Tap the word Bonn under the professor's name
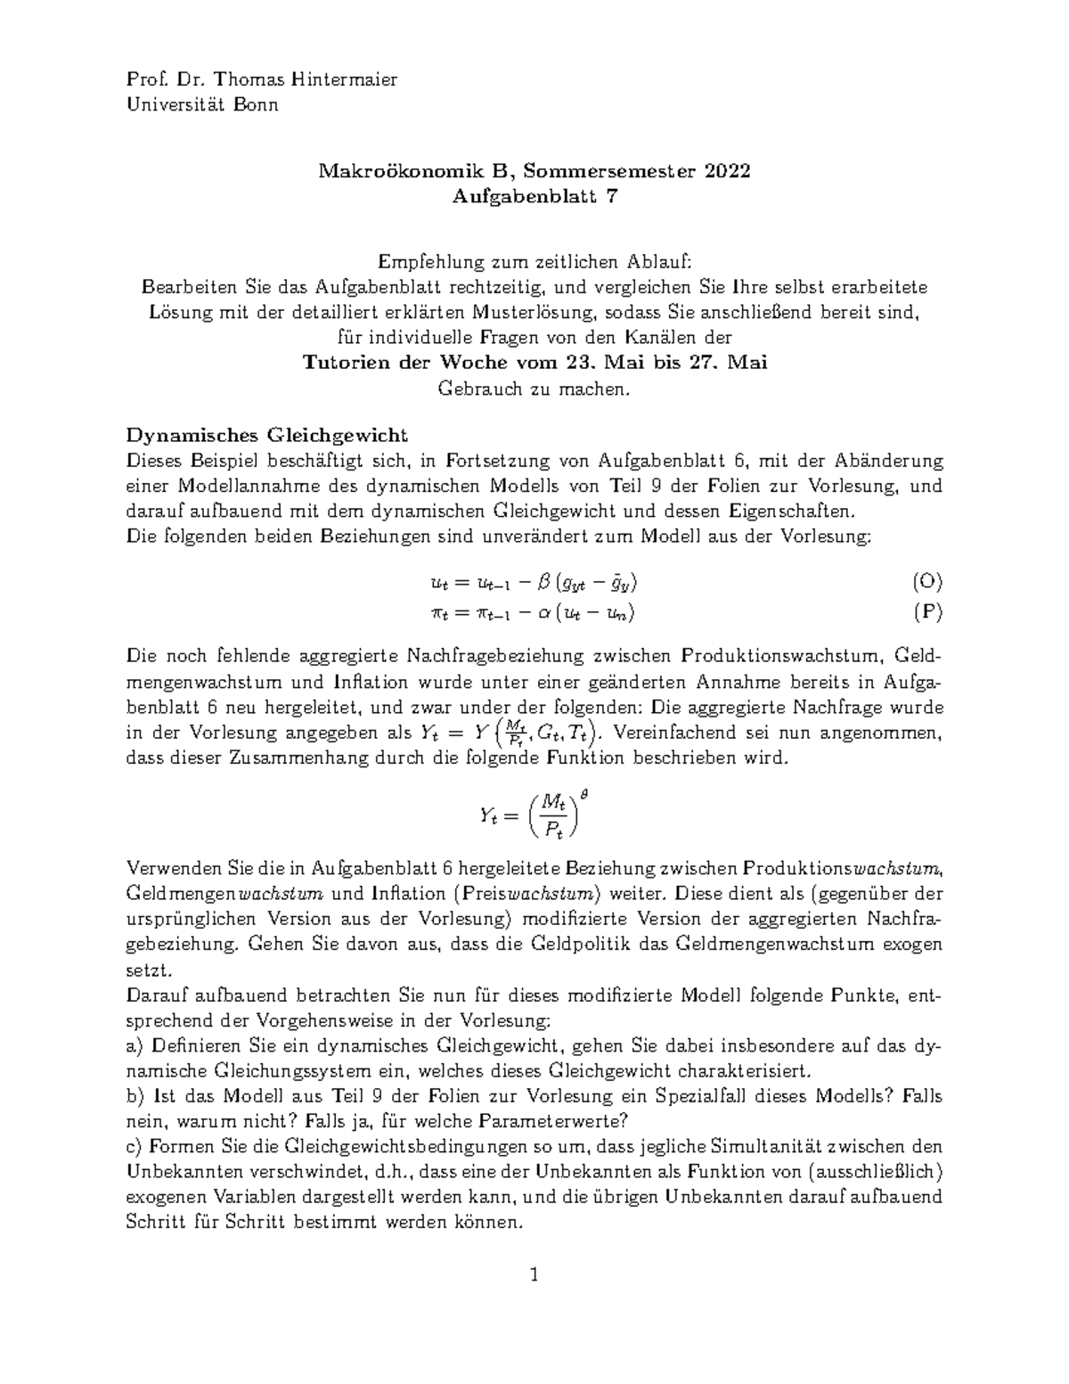click(x=256, y=105)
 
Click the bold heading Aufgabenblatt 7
click(x=534, y=197)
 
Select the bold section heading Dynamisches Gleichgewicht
click(x=267, y=436)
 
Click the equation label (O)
click(x=926, y=583)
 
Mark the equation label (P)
click(x=927, y=612)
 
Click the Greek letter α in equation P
click(x=540, y=612)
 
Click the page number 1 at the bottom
click(x=534, y=1275)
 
